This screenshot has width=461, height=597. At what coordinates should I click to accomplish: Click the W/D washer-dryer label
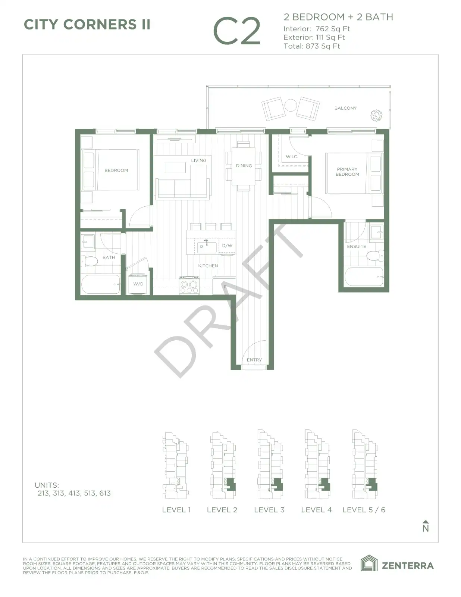138,284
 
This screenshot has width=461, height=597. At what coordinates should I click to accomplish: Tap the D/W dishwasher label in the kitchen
227,246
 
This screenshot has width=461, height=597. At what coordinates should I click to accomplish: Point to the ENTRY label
254,360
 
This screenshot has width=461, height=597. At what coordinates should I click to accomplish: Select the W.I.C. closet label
292,157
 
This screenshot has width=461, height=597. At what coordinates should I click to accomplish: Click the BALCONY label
345,108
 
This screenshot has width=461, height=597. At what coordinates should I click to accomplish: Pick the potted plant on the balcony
376,116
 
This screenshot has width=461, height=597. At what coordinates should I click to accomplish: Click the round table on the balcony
291,105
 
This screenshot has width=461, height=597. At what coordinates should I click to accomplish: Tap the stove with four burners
189,285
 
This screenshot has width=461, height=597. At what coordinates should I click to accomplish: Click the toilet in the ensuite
375,256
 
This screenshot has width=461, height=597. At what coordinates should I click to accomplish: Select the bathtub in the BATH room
101,284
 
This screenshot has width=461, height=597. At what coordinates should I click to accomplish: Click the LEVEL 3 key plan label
269,510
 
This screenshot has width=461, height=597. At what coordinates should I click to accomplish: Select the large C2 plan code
237,31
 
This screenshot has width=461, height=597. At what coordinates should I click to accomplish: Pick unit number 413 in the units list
74,493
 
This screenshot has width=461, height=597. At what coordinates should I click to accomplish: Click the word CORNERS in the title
100,25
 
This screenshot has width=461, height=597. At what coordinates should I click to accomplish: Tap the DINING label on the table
244,166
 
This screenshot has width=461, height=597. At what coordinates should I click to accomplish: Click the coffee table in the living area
175,168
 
